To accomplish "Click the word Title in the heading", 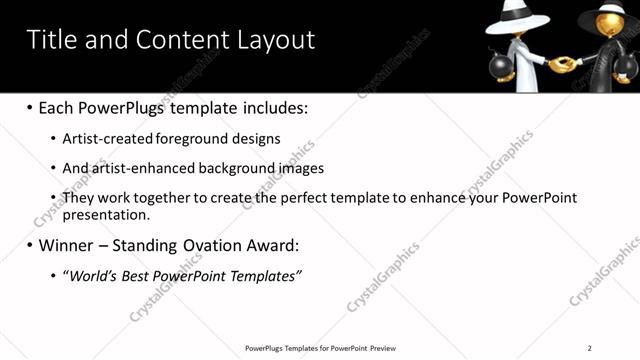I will (x=53, y=40).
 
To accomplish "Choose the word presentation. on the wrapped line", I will (x=105, y=214).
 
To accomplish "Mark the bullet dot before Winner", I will (x=30, y=245).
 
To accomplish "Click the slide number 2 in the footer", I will (x=589, y=348).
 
